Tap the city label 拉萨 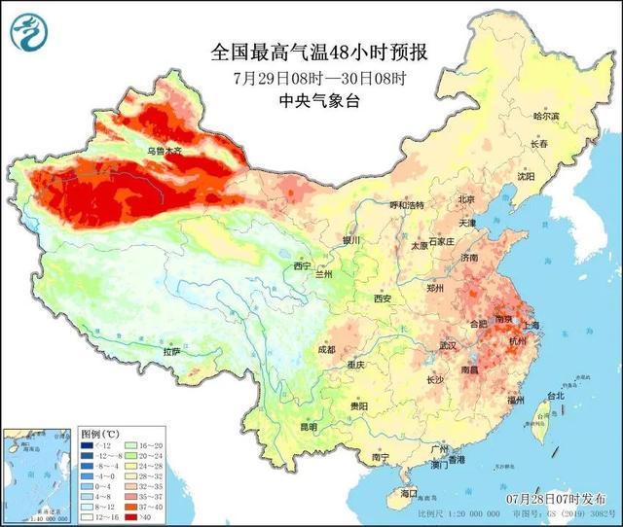tap(171, 351)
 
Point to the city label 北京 tap(467, 200)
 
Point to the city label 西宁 tap(303, 265)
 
